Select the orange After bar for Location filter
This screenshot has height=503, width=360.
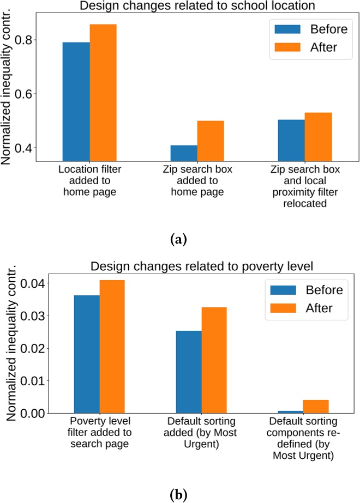coord(103,93)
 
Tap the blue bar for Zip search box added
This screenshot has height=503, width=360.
coord(184,153)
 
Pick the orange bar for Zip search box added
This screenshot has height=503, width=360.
coord(211,141)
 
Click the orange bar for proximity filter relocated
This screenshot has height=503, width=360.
coord(318,137)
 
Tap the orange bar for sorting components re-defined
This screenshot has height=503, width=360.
coord(316,407)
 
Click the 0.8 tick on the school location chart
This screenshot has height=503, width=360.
coord(26,40)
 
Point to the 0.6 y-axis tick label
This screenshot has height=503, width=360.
coord(26,94)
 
